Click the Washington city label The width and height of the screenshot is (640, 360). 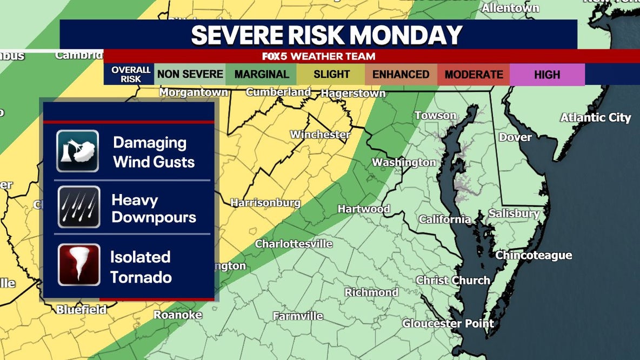pos(404,162)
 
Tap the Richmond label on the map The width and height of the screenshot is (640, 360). pos(371,292)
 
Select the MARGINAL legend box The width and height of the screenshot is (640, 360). pos(262,75)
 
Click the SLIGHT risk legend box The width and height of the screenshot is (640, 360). pos(331,75)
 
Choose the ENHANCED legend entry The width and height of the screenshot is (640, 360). pos(401,75)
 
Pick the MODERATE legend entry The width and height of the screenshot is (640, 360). pos(474,75)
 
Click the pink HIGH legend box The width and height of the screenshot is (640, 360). pos(547,75)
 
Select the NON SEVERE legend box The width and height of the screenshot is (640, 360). pos(190,75)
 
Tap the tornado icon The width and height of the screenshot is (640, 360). pos(79,264)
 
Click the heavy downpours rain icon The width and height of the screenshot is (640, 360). pos(79,207)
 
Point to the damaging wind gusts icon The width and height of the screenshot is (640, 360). pos(78,151)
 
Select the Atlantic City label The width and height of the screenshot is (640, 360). pos(595,117)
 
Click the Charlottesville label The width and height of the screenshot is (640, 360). pos(294,244)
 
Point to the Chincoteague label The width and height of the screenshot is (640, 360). pos(534,255)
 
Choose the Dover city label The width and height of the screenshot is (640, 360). pos(515,137)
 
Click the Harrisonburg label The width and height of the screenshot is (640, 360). pos(265,203)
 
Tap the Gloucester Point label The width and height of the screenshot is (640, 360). pos(448,324)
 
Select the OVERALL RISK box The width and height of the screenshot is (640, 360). pos(130,75)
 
